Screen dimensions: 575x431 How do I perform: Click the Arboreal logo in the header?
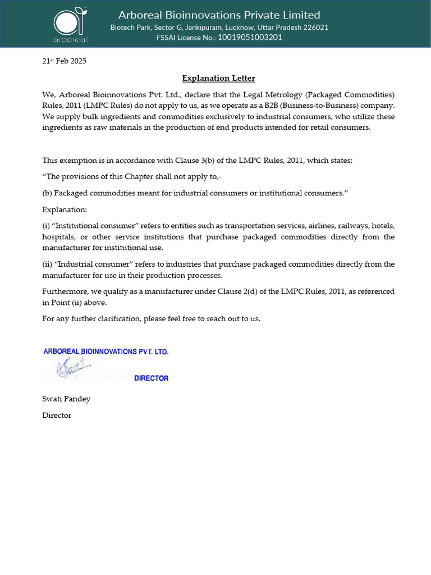pyautogui.click(x=70, y=23)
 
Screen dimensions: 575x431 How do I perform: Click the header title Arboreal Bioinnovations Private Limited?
pyautogui.click(x=219, y=15)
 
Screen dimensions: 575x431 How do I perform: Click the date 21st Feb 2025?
pyautogui.click(x=65, y=61)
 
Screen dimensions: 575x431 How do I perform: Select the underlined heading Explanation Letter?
pyautogui.click(x=218, y=78)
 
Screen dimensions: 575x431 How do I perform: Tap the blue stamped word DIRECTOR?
pyautogui.click(x=151, y=378)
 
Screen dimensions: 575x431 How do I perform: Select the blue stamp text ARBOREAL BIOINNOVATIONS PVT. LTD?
pyautogui.click(x=106, y=352)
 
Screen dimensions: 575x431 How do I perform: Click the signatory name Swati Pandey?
pyautogui.click(x=66, y=399)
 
